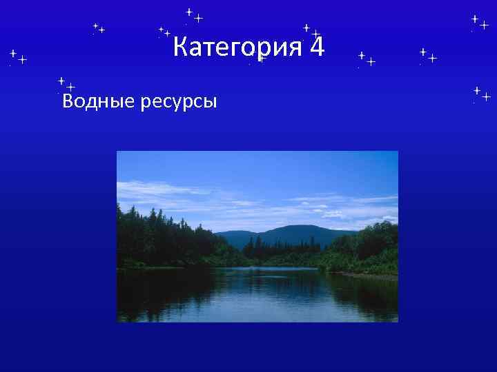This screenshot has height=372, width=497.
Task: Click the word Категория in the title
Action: tap(237, 48)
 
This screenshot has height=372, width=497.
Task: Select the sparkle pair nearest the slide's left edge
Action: tap(17, 56)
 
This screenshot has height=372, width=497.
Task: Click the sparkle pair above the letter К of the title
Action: tap(165, 32)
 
